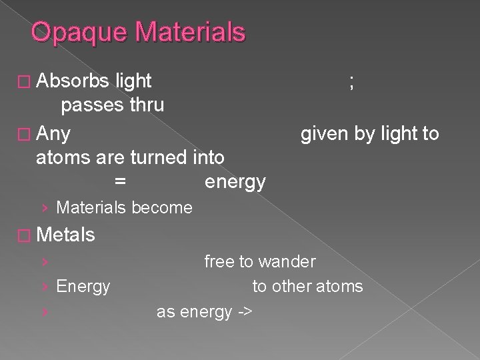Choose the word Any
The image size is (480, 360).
(54, 134)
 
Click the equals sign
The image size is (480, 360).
(121, 181)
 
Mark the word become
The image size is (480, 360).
(163, 208)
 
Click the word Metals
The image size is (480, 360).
(67, 235)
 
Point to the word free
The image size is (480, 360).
(219, 262)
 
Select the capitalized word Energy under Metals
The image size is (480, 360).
(83, 287)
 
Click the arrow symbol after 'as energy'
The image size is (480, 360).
(243, 311)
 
